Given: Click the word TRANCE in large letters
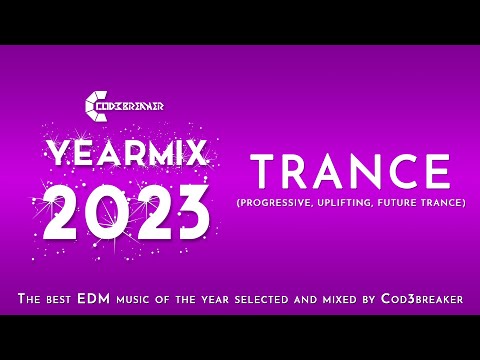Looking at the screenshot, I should (346, 172).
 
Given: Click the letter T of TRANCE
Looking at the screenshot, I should (263, 172).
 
